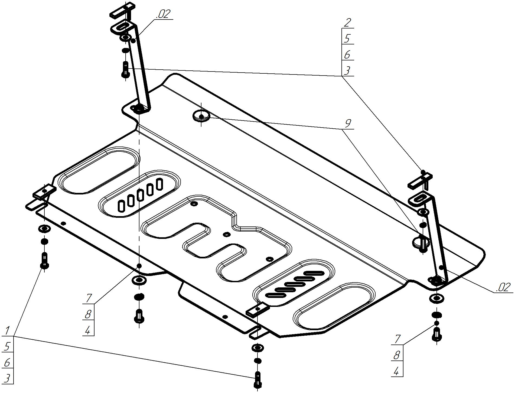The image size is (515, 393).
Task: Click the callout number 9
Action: [x=348, y=124]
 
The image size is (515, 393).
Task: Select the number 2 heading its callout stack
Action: [x=347, y=22]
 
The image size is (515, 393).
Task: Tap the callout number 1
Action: [x=7, y=330]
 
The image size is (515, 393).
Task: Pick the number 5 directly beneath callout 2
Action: [x=347, y=39]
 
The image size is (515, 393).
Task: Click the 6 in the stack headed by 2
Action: [x=347, y=55]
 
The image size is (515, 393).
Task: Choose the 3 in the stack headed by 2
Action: [x=347, y=71]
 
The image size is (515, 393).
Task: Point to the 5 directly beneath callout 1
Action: [x=7, y=346]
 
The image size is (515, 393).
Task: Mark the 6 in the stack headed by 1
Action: [x=7, y=362]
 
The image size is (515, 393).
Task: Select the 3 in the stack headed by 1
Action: [x=7, y=378]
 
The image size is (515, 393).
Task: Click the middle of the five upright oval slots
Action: [x=140, y=195]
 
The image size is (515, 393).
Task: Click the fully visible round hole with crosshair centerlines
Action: [x=201, y=116]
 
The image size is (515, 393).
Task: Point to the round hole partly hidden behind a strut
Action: [x=419, y=242]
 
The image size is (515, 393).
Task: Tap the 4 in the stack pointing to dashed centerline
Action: [x=88, y=330]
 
